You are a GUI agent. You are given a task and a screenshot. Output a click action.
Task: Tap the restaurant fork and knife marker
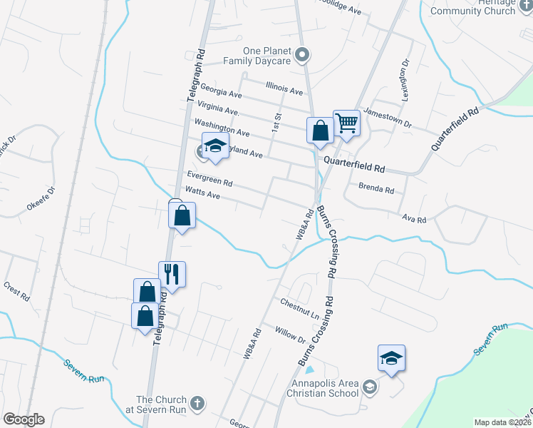[172, 273]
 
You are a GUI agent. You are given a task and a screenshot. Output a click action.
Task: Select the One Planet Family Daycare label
[266, 56]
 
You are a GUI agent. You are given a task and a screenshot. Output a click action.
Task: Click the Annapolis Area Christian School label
[321, 388]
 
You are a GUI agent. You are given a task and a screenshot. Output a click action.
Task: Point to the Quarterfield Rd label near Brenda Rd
[354, 165]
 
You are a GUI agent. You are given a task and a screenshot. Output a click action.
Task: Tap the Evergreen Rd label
[209, 178]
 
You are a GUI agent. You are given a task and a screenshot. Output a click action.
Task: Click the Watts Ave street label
[202, 193]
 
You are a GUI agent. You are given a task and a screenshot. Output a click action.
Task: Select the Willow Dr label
[289, 335]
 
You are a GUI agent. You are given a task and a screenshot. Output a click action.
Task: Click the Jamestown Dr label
[388, 117]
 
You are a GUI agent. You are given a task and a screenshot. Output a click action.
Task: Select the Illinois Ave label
[284, 89]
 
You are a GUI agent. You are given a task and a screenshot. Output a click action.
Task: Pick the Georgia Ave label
[222, 93]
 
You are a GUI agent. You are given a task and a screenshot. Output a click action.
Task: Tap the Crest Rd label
[16, 291]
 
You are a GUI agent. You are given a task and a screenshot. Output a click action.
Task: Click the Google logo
[24, 419]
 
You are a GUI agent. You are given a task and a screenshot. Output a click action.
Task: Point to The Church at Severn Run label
[161, 404]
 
